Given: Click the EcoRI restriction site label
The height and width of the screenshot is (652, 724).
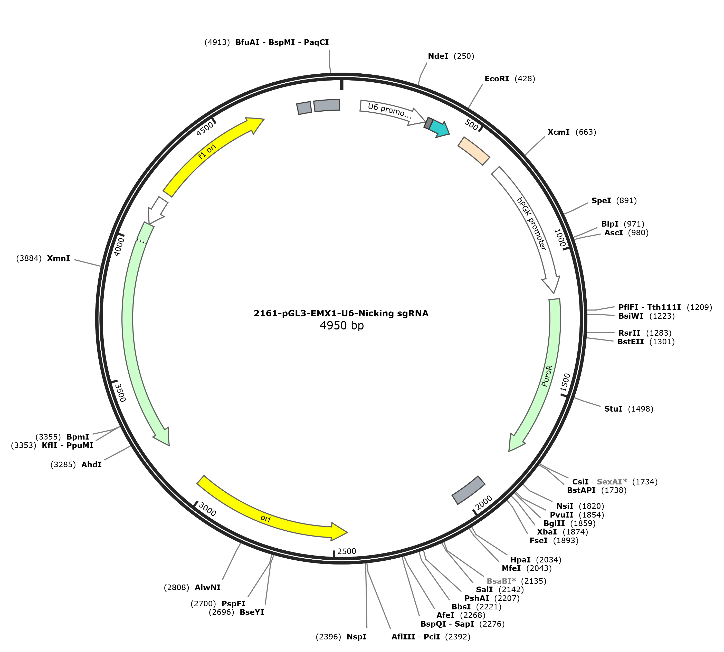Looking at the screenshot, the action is pyautogui.click(x=497, y=79).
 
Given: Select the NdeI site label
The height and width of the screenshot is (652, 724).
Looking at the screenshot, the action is pyautogui.click(x=438, y=56).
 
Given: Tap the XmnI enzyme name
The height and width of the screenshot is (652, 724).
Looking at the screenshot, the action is pyautogui.click(x=59, y=258).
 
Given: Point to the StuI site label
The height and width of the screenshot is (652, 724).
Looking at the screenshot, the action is pyautogui.click(x=613, y=409).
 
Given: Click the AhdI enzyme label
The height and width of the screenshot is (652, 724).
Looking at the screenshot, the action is pyautogui.click(x=91, y=465).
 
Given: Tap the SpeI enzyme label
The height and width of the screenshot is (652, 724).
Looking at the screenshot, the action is pyautogui.click(x=601, y=201).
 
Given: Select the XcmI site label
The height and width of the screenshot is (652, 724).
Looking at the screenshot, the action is pyautogui.click(x=558, y=132).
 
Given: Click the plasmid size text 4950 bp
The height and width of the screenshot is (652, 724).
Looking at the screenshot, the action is pyautogui.click(x=341, y=325).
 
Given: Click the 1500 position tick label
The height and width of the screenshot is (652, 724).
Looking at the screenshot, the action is pyautogui.click(x=565, y=383).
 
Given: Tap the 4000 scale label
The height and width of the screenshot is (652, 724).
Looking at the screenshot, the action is pyautogui.click(x=119, y=247).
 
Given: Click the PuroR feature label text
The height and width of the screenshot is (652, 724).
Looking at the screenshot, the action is pyautogui.click(x=547, y=376).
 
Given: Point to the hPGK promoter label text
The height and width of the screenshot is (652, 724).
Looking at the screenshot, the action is pyautogui.click(x=531, y=223).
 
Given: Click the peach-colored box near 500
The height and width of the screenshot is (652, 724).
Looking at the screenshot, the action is pyautogui.click(x=474, y=151).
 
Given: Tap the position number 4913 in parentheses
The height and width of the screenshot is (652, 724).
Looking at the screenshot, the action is pyautogui.click(x=217, y=42).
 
